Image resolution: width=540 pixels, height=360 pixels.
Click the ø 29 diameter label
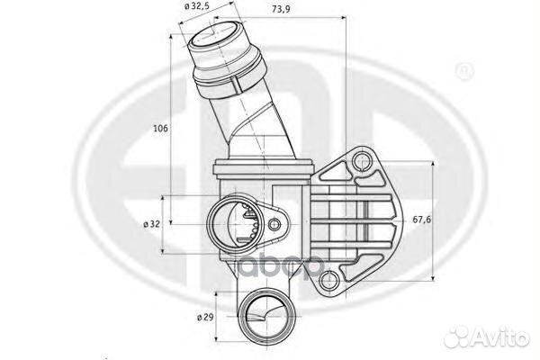point(206,318)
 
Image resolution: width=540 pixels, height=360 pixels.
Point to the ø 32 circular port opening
point(231,222)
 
